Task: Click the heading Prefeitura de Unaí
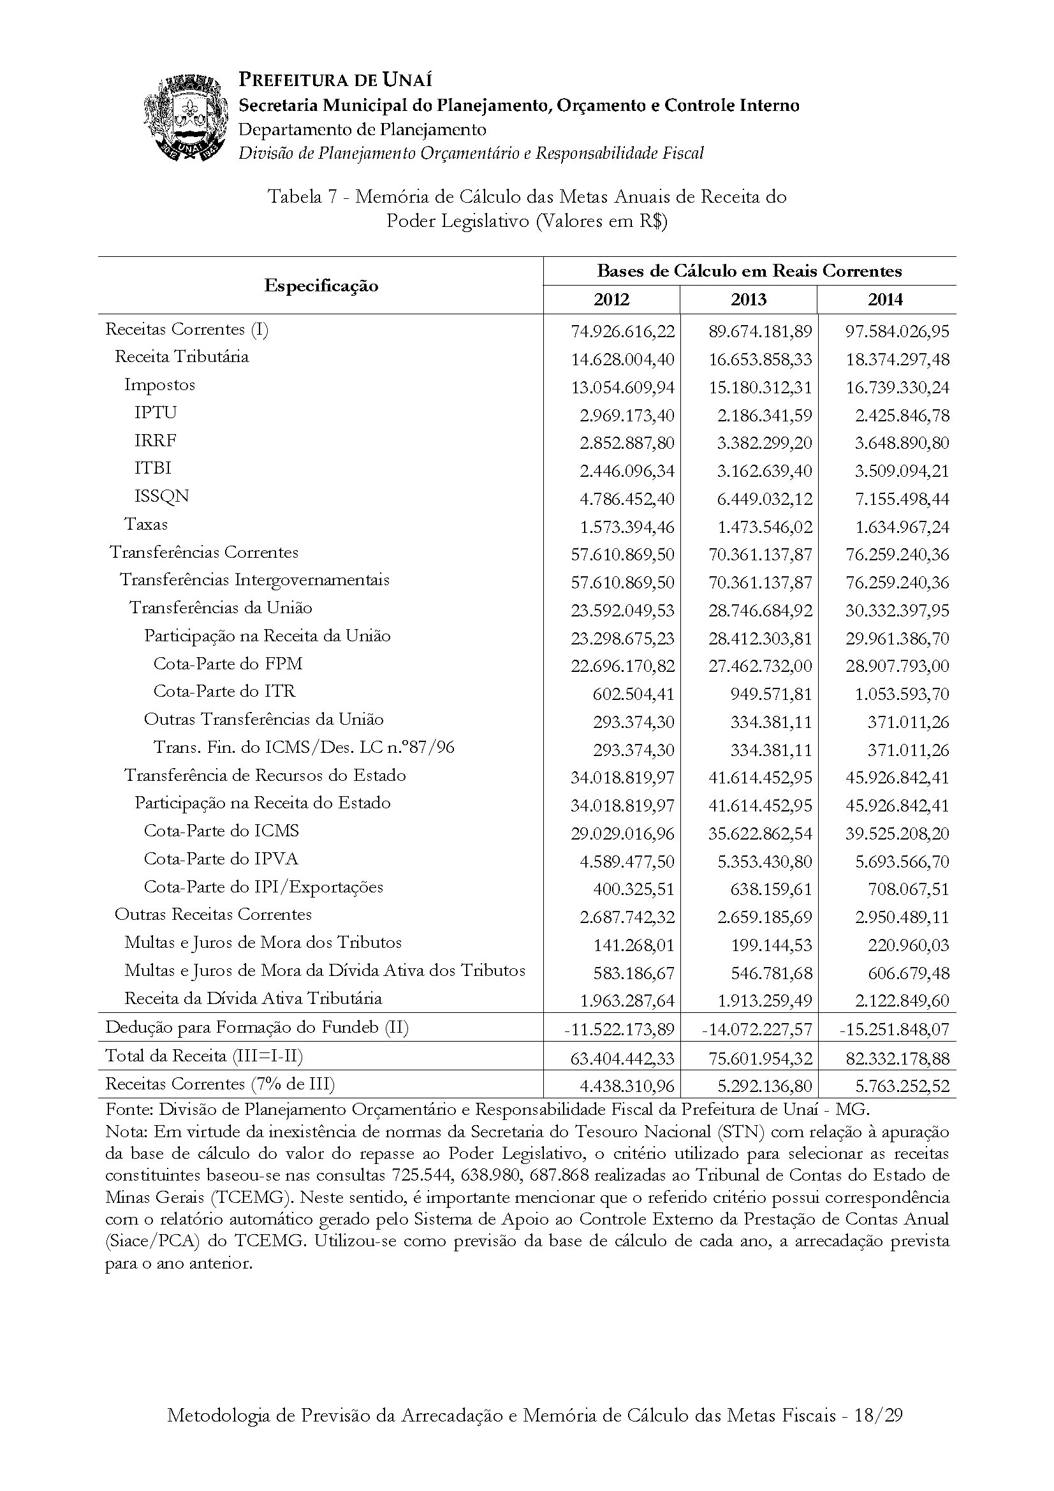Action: [335, 80]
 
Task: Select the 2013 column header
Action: [748, 300]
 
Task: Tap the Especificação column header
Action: [321, 286]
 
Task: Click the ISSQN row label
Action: [162, 496]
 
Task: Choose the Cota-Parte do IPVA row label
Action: [221, 859]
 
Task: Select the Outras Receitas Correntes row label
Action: [213, 914]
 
